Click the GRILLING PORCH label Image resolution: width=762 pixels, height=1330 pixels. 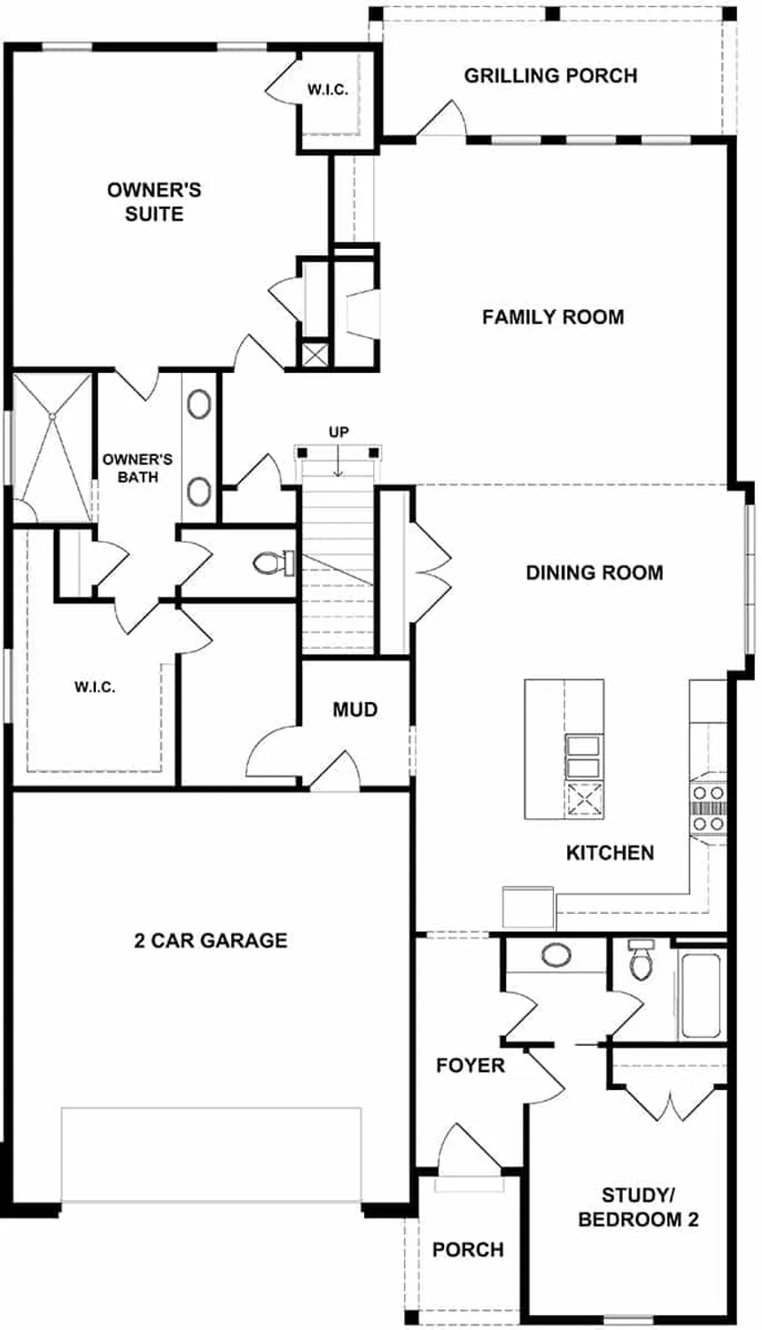coord(550,76)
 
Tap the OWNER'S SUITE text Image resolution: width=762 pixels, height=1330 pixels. coord(154,202)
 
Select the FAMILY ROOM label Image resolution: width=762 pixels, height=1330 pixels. coord(553,317)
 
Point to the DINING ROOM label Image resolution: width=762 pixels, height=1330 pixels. coord(595,573)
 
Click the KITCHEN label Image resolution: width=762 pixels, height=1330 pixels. coord(610,853)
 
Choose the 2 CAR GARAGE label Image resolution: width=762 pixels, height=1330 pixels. coord(211,940)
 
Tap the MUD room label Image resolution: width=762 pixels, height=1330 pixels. coord(355,709)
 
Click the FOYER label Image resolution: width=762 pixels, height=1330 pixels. coord(470,1065)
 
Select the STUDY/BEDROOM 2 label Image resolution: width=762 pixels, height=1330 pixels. coord(638,1208)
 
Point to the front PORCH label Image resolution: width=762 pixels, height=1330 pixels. coord(468,1249)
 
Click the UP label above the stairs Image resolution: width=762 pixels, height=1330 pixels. coord(338,432)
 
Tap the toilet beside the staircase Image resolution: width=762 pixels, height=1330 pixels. coord(271,562)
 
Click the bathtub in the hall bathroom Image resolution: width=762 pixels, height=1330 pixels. coord(701,992)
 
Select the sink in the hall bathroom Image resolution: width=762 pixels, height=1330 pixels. coord(556,955)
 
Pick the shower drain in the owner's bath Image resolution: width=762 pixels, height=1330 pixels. coord(54,414)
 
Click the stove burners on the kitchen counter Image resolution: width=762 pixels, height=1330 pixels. coord(708,808)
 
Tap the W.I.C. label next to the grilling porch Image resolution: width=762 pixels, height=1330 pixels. coord(328,89)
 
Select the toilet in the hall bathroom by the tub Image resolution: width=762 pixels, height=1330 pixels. coord(640,961)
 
